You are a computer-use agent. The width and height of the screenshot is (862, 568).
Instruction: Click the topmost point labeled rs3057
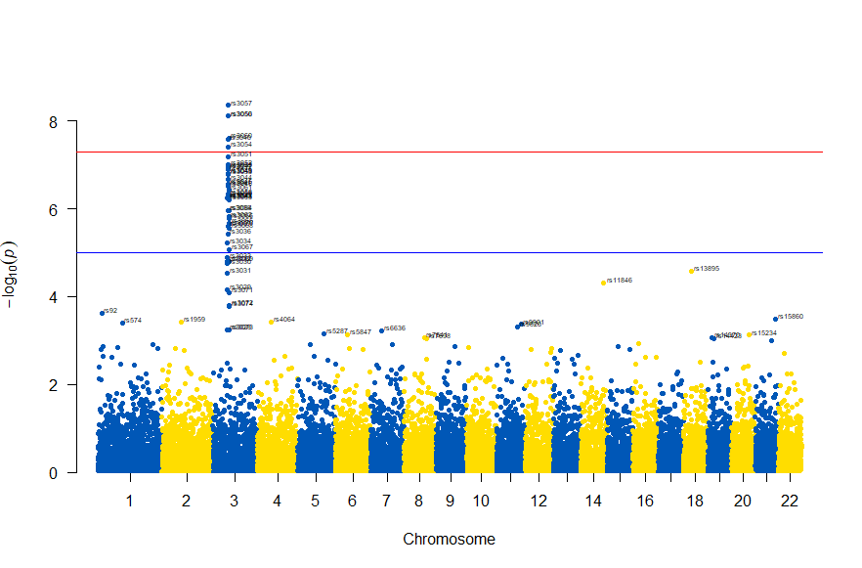[228, 105]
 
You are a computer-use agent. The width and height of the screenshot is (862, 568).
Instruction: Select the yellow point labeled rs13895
[691, 271]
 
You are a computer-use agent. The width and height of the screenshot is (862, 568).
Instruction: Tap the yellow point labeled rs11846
[603, 283]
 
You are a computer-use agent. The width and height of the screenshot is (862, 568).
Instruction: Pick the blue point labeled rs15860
[775, 319]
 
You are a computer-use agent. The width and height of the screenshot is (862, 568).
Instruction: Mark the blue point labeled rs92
[102, 313]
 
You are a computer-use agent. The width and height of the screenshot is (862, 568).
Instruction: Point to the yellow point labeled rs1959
[182, 322]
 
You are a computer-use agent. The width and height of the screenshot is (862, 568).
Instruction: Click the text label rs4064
[285, 320]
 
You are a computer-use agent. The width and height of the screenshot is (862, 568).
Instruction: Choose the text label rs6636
[396, 328]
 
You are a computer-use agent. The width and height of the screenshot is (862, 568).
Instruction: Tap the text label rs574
[135, 321]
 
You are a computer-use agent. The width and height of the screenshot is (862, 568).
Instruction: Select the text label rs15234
[765, 333]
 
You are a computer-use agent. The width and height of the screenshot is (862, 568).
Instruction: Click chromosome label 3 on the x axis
[234, 502]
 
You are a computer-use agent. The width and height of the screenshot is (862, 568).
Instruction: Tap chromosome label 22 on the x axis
[790, 502]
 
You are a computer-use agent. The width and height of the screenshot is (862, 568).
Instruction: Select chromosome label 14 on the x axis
[594, 502]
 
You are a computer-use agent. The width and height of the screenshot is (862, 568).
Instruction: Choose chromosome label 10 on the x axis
[480, 502]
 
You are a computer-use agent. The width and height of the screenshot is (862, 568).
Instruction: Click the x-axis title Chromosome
[449, 540]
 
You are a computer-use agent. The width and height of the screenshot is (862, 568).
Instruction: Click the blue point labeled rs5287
[323, 333]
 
